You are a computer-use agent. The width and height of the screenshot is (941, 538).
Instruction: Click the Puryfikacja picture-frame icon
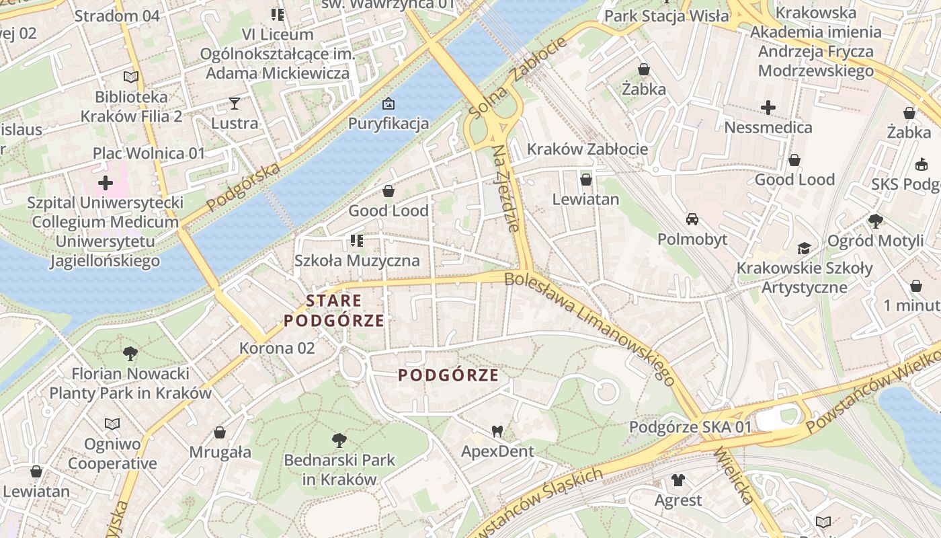click(388, 104)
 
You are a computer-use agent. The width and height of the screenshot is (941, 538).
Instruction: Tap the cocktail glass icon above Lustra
click(234, 103)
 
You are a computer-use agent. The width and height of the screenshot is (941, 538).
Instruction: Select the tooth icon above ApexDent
click(497, 431)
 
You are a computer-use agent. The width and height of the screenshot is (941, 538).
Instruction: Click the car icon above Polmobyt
click(692, 219)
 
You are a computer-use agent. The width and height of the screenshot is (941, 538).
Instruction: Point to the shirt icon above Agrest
click(678, 480)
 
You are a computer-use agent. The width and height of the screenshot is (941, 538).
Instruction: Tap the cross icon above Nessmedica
click(768, 107)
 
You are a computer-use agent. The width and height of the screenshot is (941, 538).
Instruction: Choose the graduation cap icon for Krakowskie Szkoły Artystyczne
click(804, 248)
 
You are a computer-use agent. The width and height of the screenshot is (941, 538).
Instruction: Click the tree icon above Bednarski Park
click(339, 440)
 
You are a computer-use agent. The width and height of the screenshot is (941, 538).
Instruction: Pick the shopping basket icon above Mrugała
click(220, 432)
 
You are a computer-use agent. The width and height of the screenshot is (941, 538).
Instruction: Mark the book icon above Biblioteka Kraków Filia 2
click(131, 77)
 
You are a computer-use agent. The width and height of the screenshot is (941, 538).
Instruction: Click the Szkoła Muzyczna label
click(357, 261)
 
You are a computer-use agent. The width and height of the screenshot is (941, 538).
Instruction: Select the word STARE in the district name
click(334, 301)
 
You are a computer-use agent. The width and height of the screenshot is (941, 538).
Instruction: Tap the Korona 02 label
click(277, 348)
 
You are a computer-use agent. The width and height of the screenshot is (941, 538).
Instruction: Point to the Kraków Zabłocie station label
click(587, 149)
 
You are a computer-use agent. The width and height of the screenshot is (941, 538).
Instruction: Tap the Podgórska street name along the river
click(243, 188)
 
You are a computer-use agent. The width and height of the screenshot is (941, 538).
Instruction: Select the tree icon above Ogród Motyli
click(875, 221)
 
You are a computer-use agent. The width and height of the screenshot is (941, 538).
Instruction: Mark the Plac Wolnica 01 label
click(149, 153)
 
